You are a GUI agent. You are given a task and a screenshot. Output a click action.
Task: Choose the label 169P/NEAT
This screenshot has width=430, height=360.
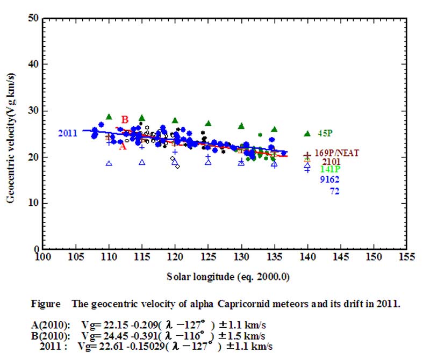(x=337, y=153)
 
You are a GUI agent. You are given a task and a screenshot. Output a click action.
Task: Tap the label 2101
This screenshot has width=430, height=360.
(x=331, y=161)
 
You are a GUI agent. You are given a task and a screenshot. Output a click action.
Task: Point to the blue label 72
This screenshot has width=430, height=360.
(x=334, y=191)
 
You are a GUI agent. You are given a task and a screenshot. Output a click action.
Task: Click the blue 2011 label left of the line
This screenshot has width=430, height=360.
(x=68, y=133)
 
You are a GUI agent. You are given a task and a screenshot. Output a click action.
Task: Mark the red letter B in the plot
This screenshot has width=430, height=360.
(x=125, y=119)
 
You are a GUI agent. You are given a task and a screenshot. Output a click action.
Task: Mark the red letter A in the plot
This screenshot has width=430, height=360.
(x=123, y=146)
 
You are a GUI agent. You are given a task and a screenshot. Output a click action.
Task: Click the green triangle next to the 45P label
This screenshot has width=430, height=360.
(x=307, y=133)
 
